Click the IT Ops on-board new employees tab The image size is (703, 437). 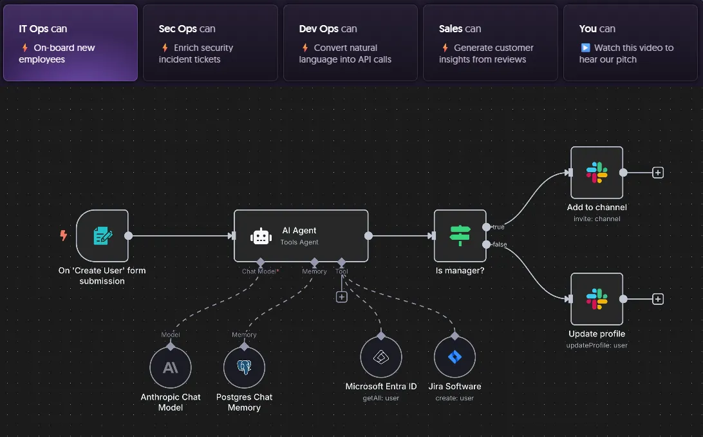tap(70, 43)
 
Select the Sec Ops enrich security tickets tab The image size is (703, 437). tap(211, 43)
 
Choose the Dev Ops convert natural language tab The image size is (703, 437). tap(350, 43)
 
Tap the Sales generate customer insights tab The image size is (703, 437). tap(491, 43)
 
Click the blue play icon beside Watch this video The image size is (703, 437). tap(585, 48)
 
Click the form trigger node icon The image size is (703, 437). tap(102, 235)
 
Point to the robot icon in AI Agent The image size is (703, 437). tap(261, 236)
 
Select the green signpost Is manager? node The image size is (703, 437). tap(460, 235)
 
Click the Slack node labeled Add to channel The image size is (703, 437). tap(597, 172)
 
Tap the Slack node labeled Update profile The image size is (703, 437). tap(597, 299)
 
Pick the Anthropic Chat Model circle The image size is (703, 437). tap(171, 367)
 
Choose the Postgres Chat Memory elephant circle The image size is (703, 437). tap(245, 367)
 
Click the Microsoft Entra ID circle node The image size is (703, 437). tap(381, 357)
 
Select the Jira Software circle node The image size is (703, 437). tap(455, 357)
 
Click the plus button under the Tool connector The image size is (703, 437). tap(342, 296)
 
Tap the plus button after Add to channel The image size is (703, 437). tap(658, 172)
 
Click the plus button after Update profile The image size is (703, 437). tap(658, 299)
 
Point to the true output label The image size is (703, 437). tap(498, 227)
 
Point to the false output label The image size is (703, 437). tap(500, 244)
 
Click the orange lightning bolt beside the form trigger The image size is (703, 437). tap(64, 235)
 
